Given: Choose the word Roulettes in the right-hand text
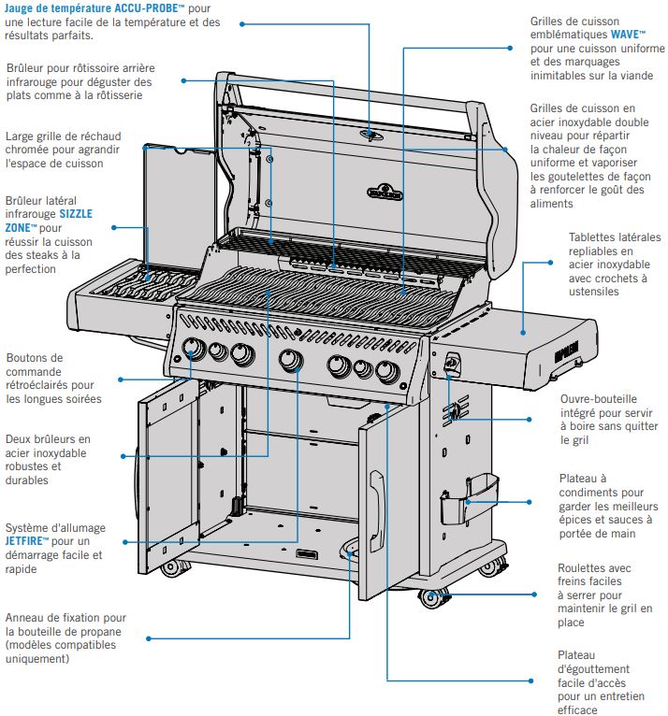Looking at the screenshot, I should (583, 567).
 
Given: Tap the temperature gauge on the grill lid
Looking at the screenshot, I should (372, 136).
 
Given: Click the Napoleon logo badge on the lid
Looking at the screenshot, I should (385, 191).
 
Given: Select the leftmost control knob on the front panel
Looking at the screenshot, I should (195, 350).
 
